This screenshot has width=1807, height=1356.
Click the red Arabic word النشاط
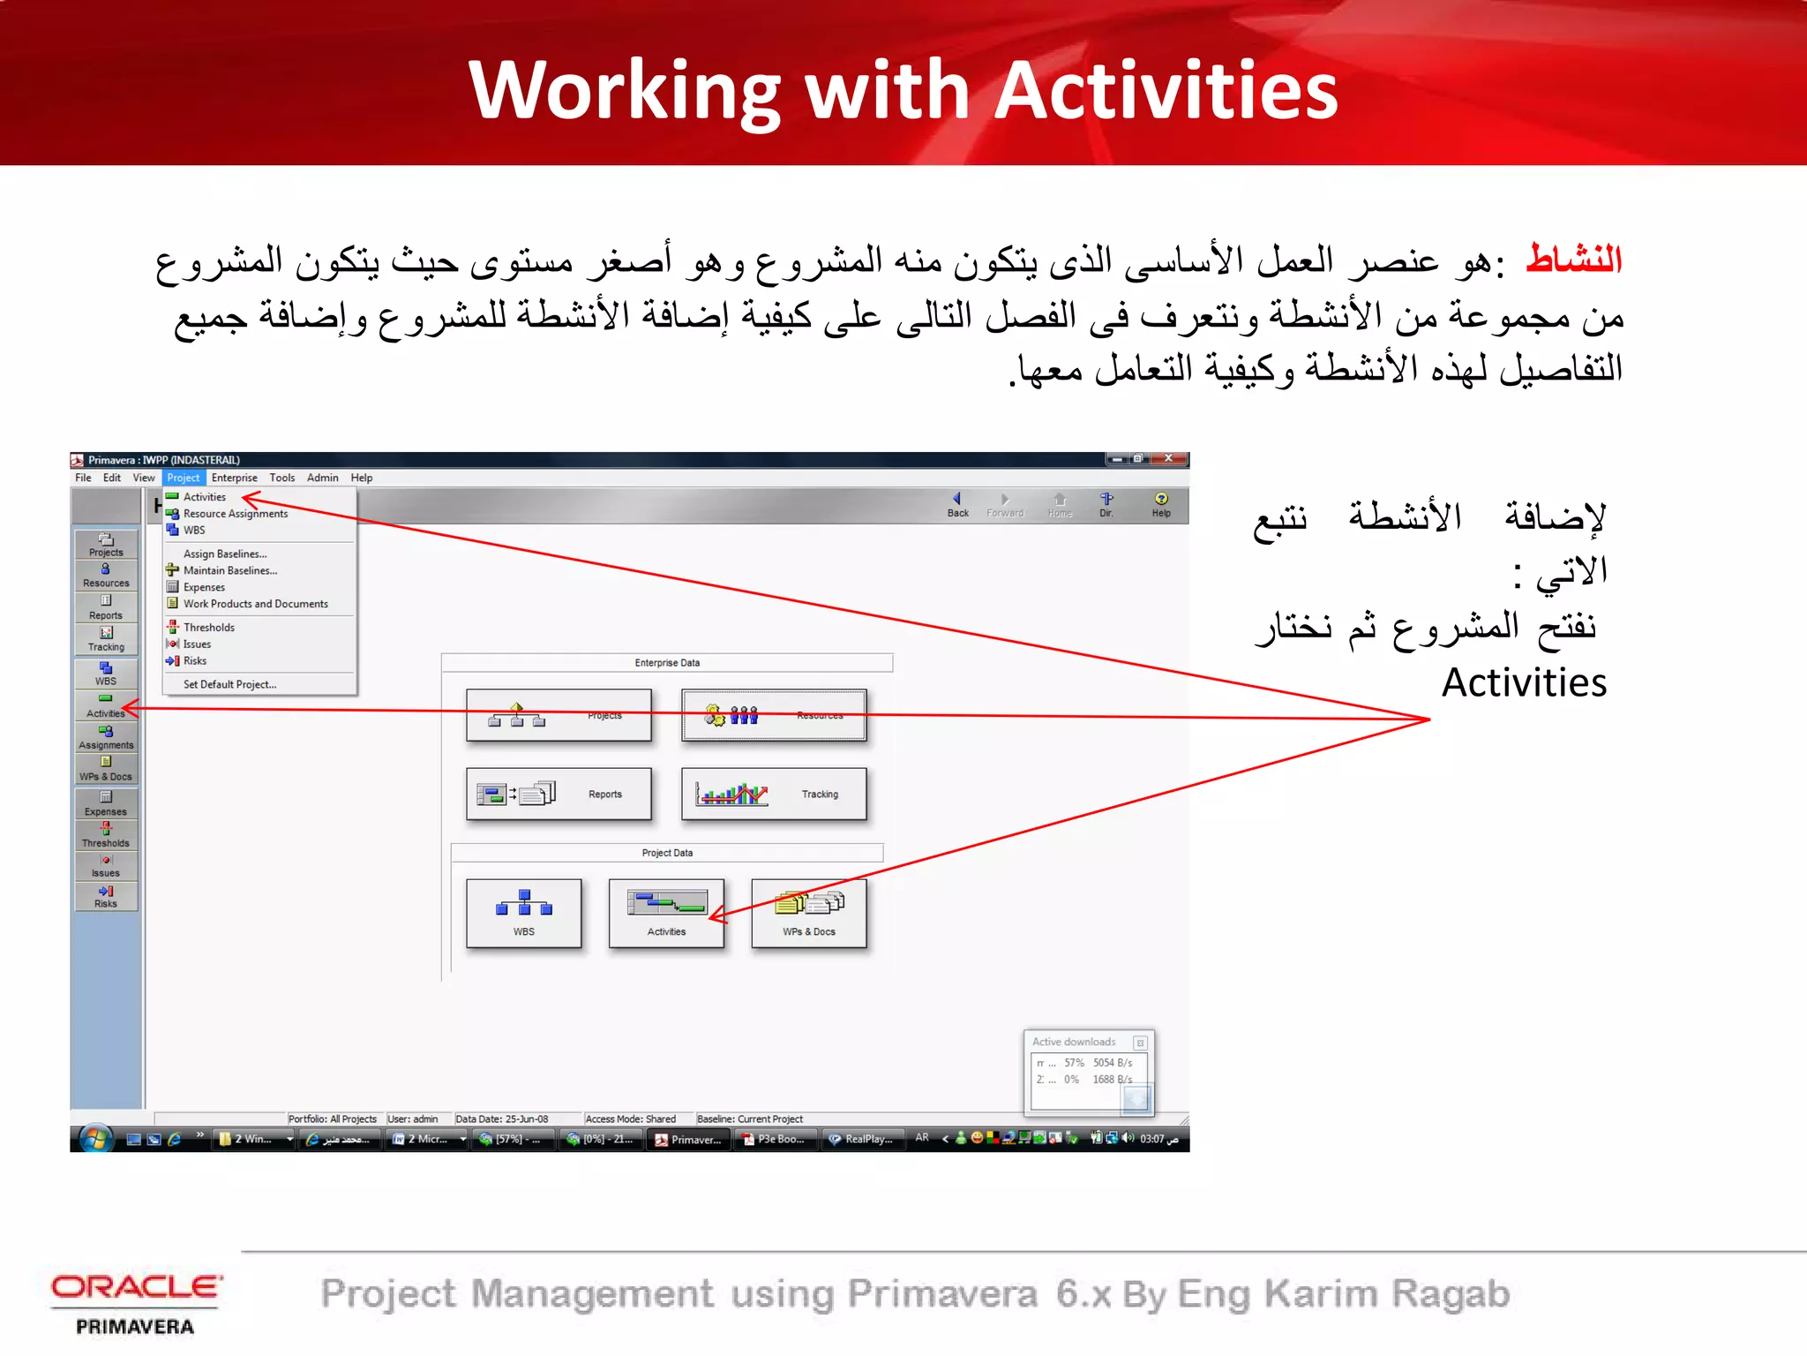[1574, 260]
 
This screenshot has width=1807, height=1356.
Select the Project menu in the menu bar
[184, 478]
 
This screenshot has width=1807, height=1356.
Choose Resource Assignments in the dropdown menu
[235, 514]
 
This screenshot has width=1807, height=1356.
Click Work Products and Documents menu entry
[255, 604]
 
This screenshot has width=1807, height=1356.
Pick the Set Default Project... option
[229, 684]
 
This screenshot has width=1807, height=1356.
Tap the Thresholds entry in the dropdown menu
[208, 628]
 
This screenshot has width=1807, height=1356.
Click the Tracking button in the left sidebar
[106, 638]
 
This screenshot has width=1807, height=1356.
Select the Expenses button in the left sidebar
[106, 803]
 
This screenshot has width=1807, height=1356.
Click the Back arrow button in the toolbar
[957, 504]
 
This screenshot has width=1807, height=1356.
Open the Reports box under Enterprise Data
[559, 794]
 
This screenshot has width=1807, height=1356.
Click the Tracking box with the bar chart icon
[774, 794]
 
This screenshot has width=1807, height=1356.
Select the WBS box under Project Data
[524, 913]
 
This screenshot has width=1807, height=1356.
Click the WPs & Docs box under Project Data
[808, 913]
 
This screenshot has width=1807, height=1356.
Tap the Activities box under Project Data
[666, 913]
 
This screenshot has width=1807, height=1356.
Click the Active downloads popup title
[1074, 1042]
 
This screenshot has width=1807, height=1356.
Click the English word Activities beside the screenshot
[1524, 682]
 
